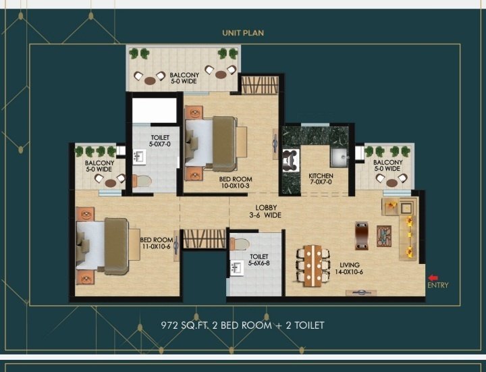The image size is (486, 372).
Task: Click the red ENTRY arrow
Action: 433,277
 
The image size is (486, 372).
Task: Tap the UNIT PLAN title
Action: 243,32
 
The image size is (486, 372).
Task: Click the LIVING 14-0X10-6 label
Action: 350,269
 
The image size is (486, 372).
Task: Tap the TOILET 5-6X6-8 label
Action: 259,261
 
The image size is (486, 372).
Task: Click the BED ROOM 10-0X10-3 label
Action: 236,182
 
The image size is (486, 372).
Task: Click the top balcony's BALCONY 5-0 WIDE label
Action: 184,78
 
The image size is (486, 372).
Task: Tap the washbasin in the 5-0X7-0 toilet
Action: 139,157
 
